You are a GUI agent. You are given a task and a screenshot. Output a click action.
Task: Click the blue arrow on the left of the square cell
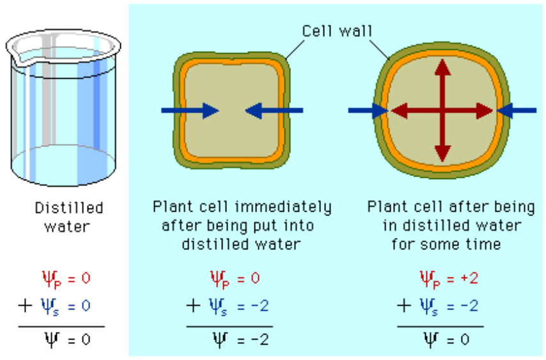coord(190,111)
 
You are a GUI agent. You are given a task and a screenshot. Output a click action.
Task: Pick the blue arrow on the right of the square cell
coord(274,111)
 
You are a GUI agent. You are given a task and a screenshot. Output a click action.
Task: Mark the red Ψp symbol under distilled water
coord(49,279)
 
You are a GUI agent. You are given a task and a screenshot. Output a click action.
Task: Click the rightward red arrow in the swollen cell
coord(473,111)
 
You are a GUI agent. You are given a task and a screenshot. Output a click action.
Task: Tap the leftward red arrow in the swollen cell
coord(409,111)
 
